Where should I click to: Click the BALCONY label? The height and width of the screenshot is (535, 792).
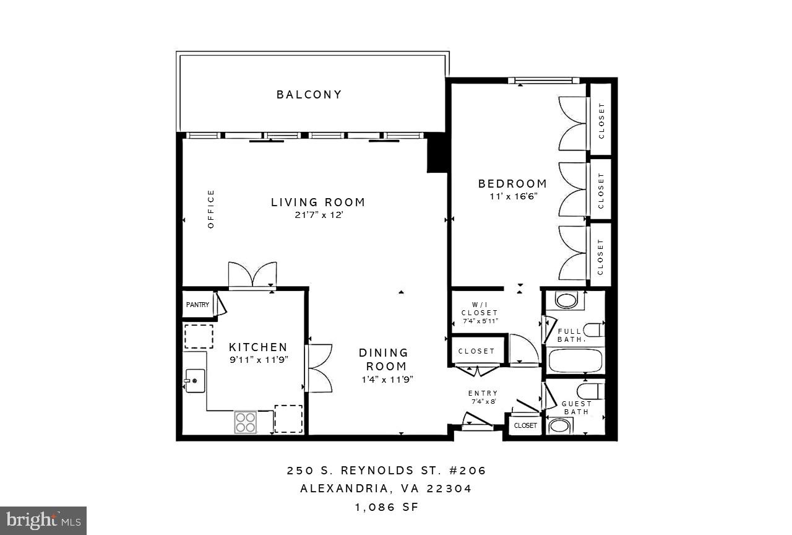(x=309, y=95)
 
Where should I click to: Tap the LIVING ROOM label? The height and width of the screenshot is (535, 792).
(x=318, y=202)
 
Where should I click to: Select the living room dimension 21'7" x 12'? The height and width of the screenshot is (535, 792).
(x=318, y=216)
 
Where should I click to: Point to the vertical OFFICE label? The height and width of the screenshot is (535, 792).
(x=211, y=209)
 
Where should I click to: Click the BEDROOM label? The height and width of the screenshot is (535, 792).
(x=512, y=184)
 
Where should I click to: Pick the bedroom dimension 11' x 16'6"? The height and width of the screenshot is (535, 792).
(x=512, y=196)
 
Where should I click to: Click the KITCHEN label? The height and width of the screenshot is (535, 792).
(x=258, y=347)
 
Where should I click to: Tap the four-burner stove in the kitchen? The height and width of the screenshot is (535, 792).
(x=246, y=422)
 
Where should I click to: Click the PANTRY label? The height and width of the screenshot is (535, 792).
(x=198, y=305)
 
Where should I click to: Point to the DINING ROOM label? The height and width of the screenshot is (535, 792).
(x=384, y=359)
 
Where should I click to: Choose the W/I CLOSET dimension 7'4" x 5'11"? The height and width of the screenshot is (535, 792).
(x=480, y=321)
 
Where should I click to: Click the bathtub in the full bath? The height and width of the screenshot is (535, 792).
(x=575, y=360)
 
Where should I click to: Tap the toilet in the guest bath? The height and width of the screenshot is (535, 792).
(x=590, y=391)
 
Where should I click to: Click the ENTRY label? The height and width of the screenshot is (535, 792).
(x=483, y=393)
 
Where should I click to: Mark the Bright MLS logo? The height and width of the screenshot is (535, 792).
(x=43, y=521)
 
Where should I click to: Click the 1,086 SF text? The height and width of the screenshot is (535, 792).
(x=386, y=507)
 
